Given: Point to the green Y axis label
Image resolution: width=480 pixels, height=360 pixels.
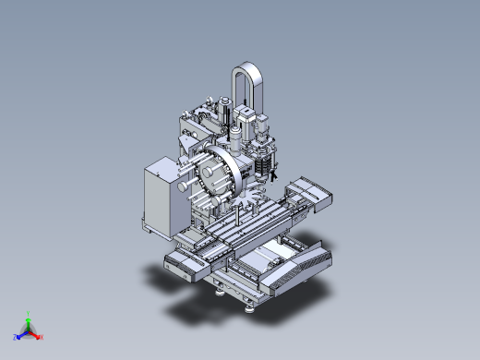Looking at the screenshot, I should coord(30,313).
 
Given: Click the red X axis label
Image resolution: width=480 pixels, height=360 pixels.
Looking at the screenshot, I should coord(41,338).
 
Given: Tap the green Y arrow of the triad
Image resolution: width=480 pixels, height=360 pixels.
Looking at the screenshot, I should coord(29,320).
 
